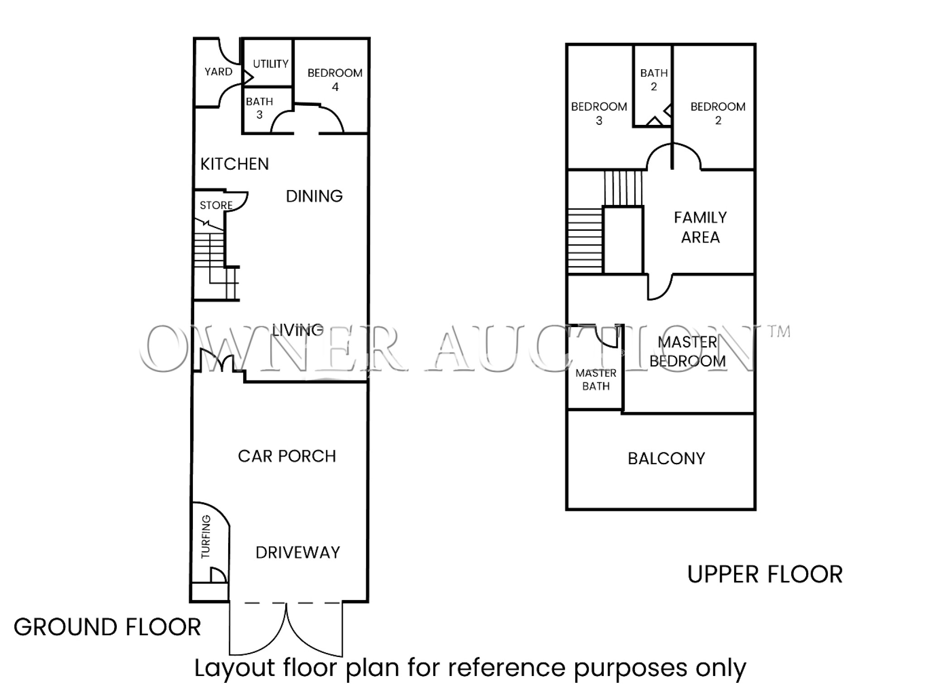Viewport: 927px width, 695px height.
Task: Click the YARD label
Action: [x=218, y=72]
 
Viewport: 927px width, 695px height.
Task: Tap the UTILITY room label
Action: [x=271, y=64]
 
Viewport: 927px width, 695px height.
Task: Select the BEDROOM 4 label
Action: [x=335, y=80]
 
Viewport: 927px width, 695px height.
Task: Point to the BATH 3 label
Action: [x=259, y=108]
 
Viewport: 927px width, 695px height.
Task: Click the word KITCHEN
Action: [x=234, y=164]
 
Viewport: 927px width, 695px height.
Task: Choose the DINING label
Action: [x=314, y=196]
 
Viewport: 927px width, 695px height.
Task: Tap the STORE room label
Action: [x=216, y=205]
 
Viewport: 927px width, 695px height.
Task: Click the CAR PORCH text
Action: [x=287, y=456]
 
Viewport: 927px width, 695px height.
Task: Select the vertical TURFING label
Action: [x=206, y=536]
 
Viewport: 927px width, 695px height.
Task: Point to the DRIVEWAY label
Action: [x=297, y=552]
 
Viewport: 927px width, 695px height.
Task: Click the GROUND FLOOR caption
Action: [x=107, y=627]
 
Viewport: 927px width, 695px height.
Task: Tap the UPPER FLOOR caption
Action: [x=765, y=575]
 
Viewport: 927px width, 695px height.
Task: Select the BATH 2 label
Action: [x=654, y=80]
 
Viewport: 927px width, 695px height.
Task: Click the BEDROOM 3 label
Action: [x=599, y=114]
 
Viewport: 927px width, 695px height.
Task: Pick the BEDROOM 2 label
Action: [x=718, y=114]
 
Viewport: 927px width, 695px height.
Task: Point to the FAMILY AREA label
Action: [x=700, y=228]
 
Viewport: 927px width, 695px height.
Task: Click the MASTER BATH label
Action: [x=596, y=380]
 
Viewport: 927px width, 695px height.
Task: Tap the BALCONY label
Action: [x=666, y=459]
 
